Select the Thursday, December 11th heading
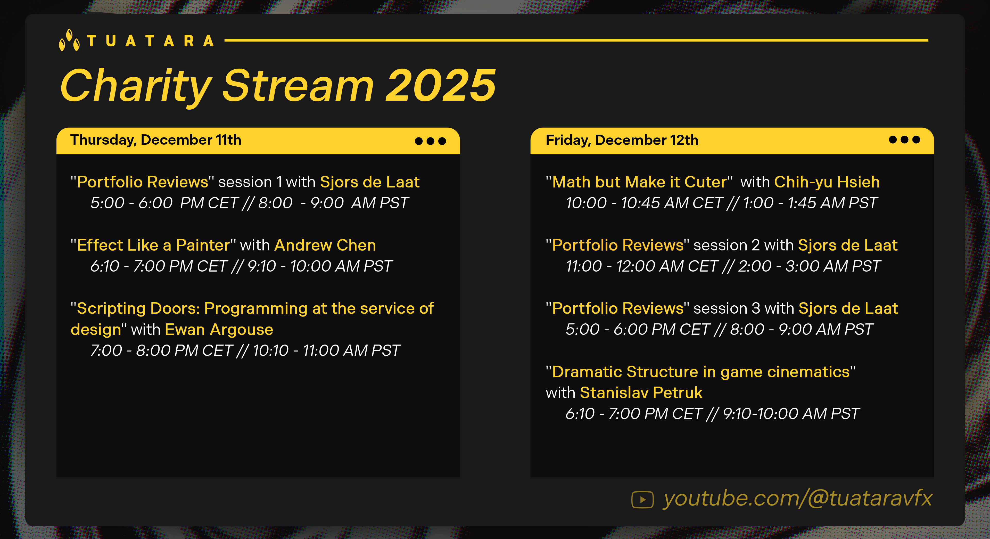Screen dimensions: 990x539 pos(156,140)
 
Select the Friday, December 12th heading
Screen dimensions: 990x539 pos(622,140)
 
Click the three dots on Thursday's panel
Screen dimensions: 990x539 pos(431,141)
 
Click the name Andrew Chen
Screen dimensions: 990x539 pos(325,245)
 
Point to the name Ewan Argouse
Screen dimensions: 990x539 pos(219,330)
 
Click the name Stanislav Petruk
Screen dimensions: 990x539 pos(641,393)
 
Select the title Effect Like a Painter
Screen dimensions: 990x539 pos(153,245)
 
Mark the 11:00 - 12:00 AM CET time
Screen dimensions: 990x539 pos(642,266)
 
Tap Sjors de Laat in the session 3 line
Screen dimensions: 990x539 pos(848,309)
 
